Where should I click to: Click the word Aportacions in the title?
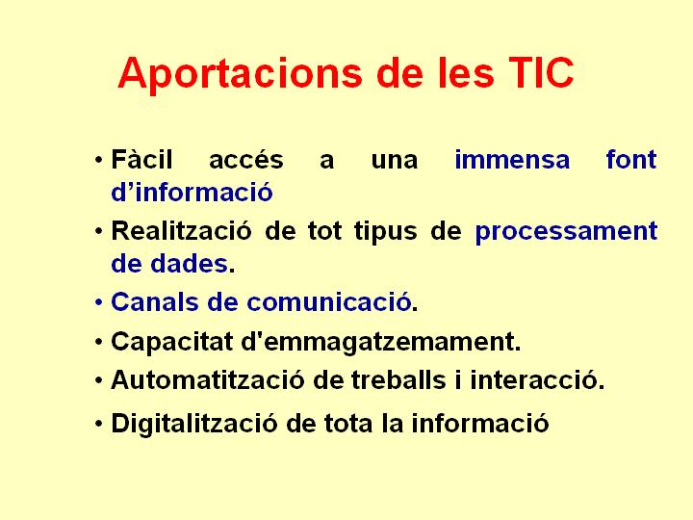[241, 74]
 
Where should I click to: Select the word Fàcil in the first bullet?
[141, 159]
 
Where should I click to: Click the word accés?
[246, 159]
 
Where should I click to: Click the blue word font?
[631, 159]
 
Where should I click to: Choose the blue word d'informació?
[192, 193]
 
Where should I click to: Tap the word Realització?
[182, 230]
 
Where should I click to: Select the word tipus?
[386, 232]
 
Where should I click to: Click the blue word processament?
[566, 232]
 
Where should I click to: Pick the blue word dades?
[190, 264]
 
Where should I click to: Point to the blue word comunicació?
[329, 302]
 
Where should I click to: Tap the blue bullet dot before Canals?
[99, 303]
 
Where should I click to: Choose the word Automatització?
[208, 379]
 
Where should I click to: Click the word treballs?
[398, 379]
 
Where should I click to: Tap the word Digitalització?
[194, 423]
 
